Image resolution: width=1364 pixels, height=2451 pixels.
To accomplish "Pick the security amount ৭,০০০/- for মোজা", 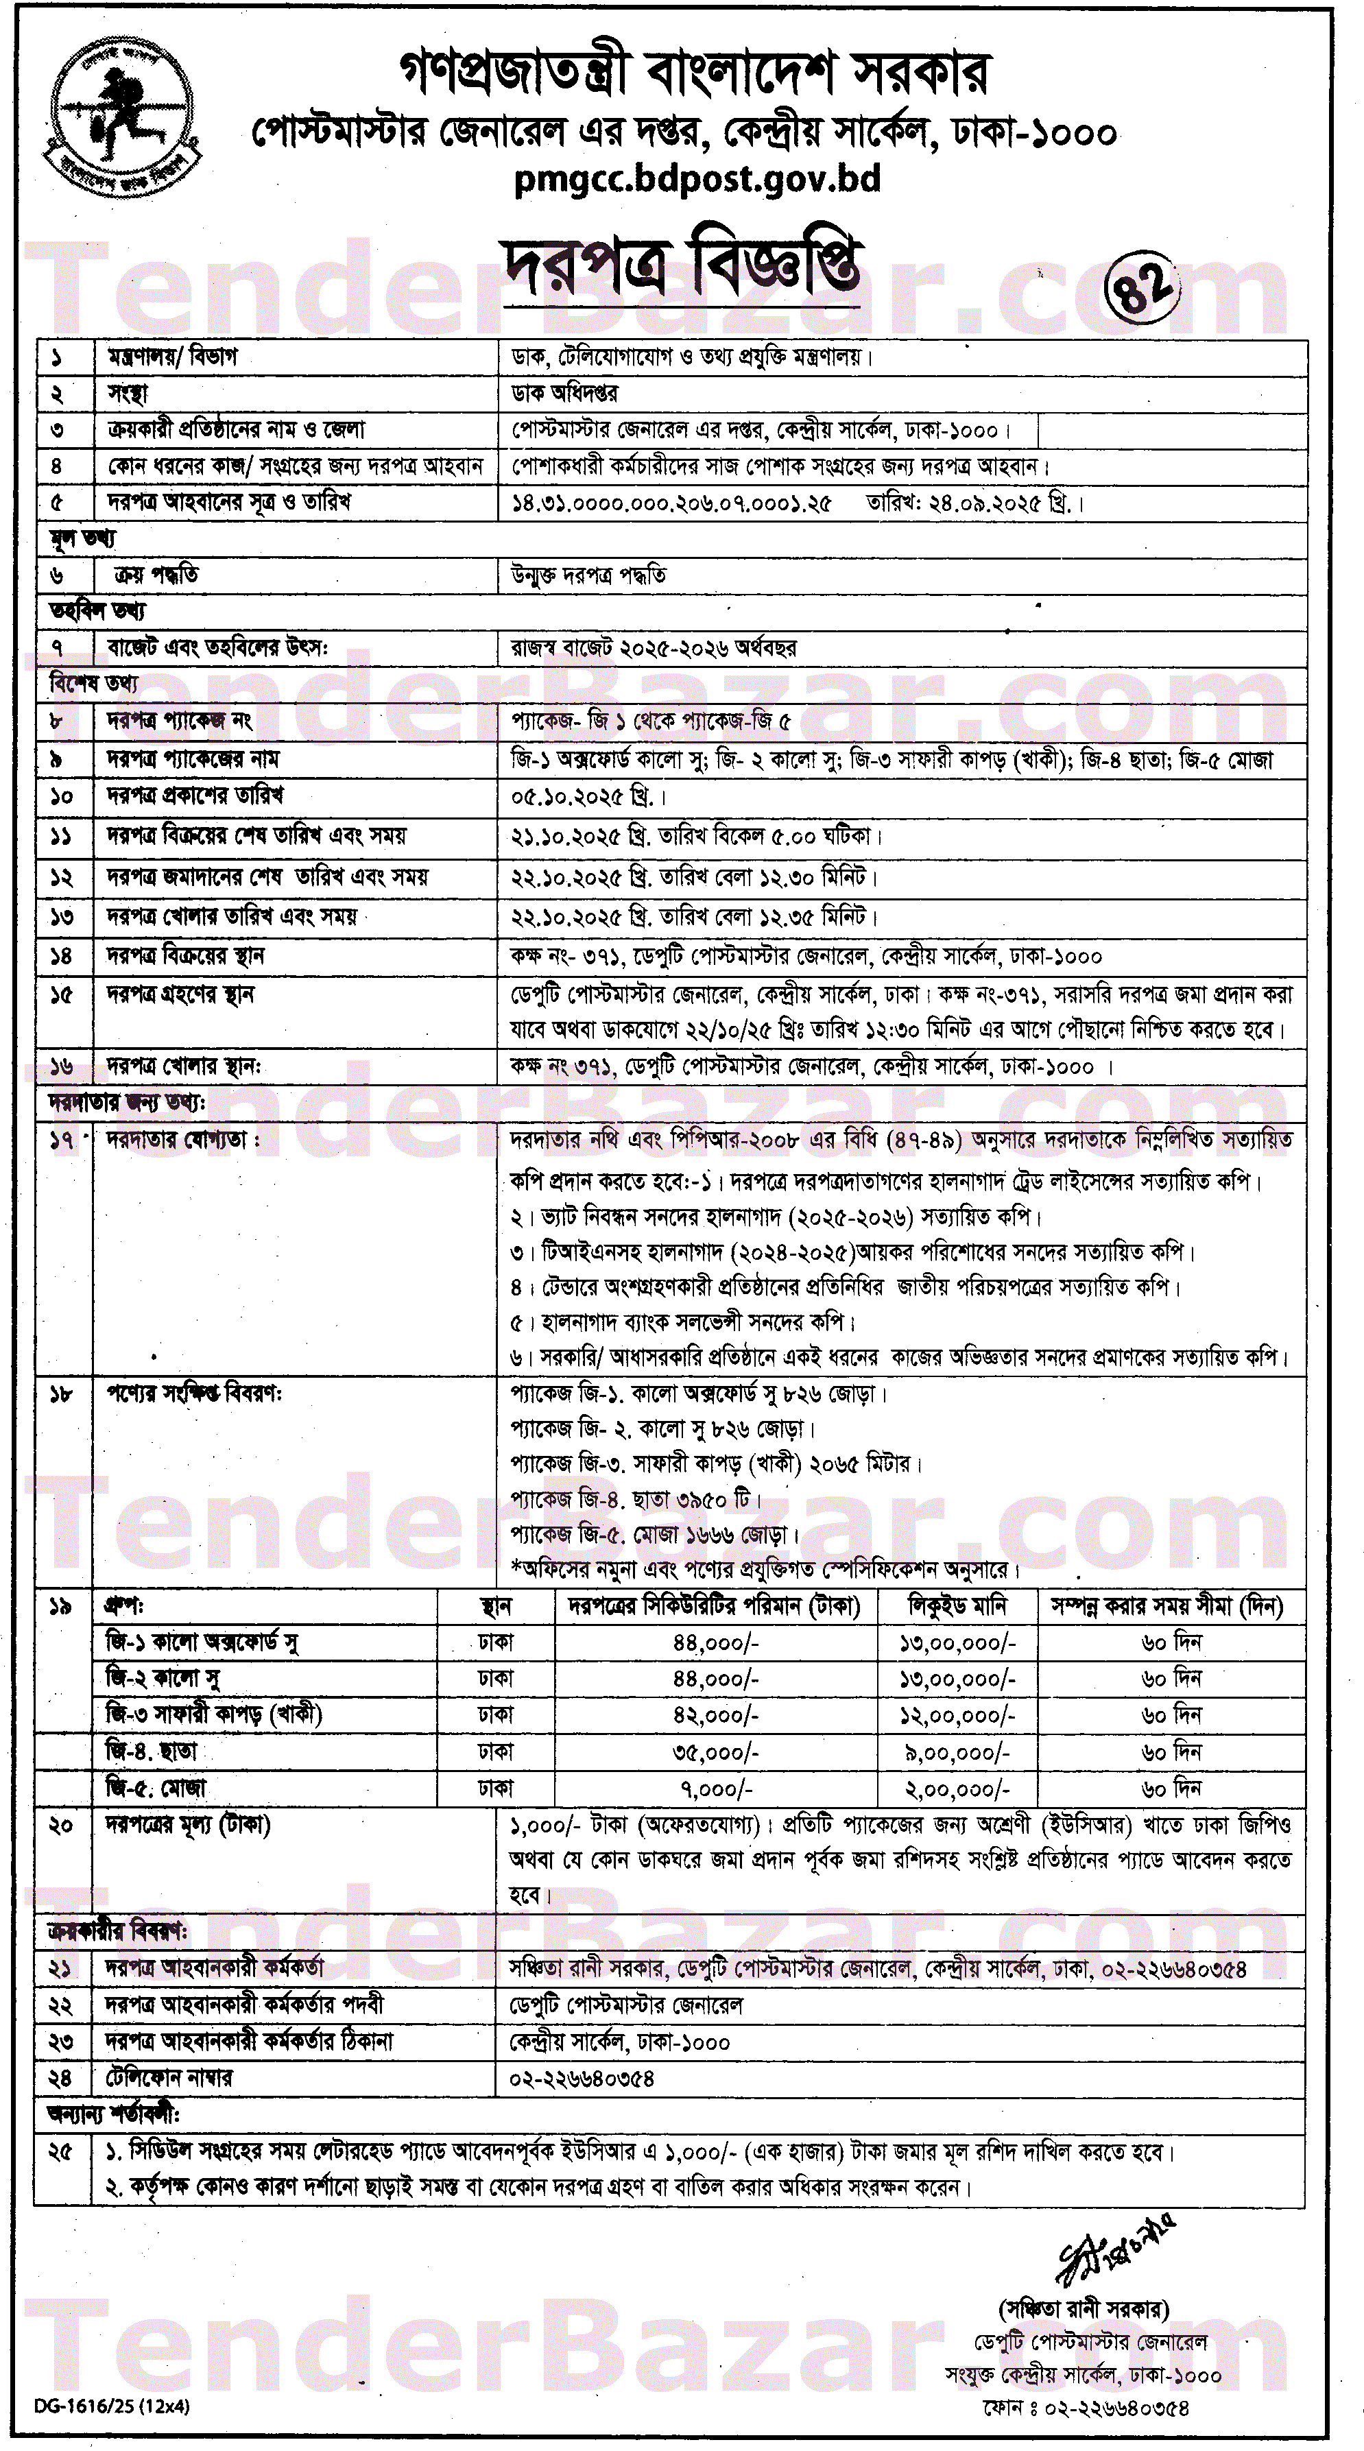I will (715, 1789).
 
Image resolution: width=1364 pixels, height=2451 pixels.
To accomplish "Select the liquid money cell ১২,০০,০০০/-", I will (957, 1716).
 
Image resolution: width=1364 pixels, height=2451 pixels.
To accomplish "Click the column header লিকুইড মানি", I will (957, 1606).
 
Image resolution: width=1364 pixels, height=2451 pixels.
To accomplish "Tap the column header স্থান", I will (496, 1606).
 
